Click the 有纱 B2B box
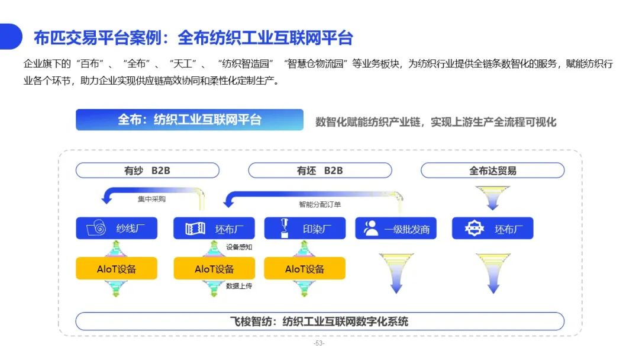pyautogui.click(x=147, y=171)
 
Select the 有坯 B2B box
pyautogui.click(x=320, y=171)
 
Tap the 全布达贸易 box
pyautogui.click(x=493, y=171)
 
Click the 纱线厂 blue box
pyautogui.click(x=117, y=229)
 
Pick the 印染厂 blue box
pyautogui.click(x=305, y=229)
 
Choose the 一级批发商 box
pyautogui.click(x=396, y=229)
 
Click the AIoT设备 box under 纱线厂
pyautogui.click(x=117, y=268)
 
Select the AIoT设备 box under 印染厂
pyautogui.click(x=305, y=268)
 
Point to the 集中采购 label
pyautogui.click(x=151, y=199)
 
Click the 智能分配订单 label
pyautogui.click(x=320, y=204)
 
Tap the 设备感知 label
pyautogui.click(x=239, y=247)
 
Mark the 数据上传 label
pyautogui.click(x=239, y=286)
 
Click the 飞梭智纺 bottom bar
pyautogui.click(x=320, y=322)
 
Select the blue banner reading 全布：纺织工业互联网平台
pyautogui.click(x=189, y=120)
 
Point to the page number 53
pyautogui.click(x=319, y=343)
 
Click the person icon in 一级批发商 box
pyautogui.click(x=371, y=229)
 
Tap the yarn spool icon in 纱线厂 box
pyautogui.click(x=96, y=228)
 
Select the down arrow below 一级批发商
pyautogui.click(x=396, y=273)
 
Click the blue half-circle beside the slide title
pyautogui.click(x=10, y=37)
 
